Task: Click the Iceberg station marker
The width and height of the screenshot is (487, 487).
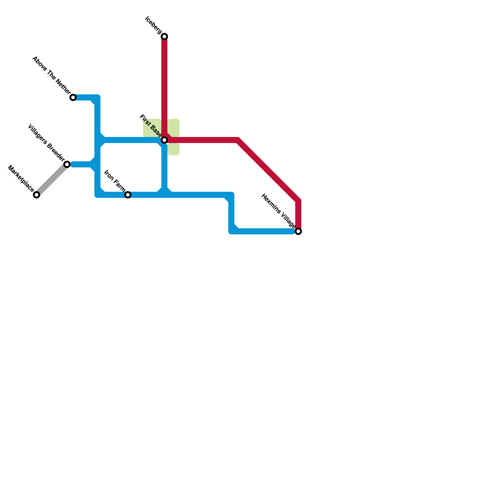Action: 164,37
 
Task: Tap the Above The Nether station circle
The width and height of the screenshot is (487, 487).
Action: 73,97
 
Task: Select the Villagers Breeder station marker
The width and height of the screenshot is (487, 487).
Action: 67,164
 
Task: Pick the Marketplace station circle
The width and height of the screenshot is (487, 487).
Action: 37,195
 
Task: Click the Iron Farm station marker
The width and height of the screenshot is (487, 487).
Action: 128,195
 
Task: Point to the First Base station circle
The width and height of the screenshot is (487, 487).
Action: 164,140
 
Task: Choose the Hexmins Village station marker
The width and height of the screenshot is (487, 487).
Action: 299,232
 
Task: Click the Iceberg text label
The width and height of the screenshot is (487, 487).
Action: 154,24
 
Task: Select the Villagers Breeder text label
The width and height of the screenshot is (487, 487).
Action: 46,142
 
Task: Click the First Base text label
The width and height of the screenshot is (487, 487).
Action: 150,125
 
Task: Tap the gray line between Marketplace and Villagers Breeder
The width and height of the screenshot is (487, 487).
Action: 52,180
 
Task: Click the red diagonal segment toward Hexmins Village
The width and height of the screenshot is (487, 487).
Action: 268,170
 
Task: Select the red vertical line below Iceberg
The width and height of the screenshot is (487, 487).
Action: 164,85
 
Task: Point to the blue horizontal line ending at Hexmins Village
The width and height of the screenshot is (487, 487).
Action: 265,232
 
